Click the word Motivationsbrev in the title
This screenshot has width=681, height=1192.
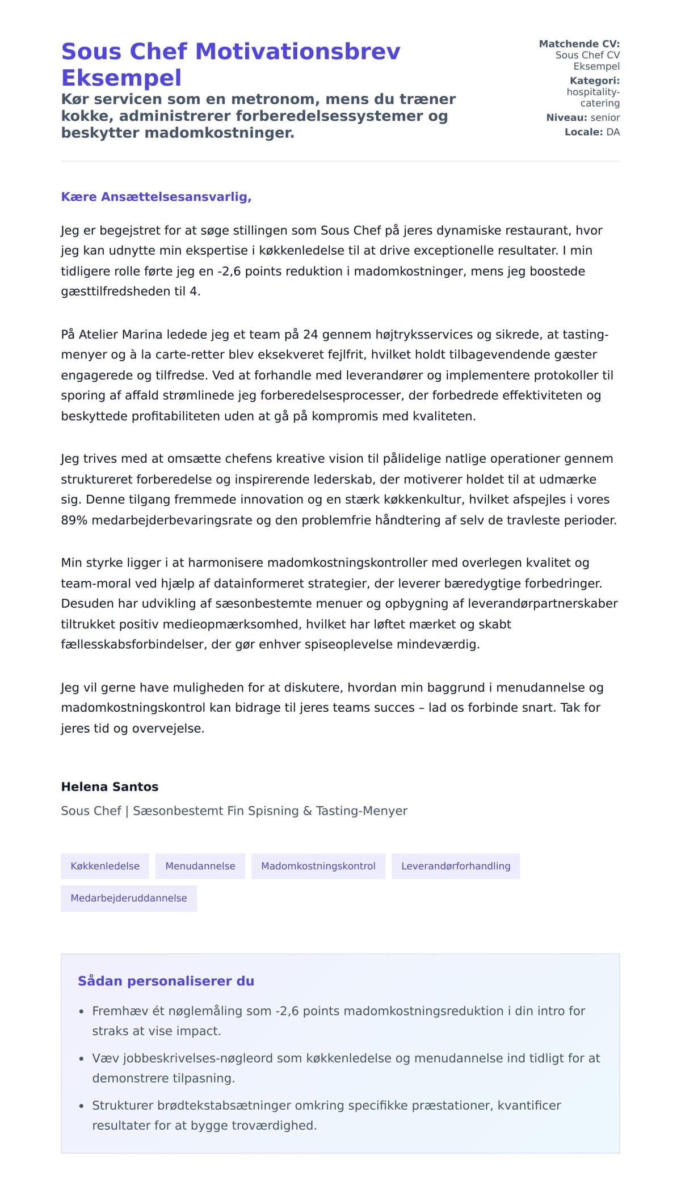(x=297, y=52)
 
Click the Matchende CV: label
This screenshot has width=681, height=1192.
(x=579, y=44)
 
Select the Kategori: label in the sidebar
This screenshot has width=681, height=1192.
(x=594, y=81)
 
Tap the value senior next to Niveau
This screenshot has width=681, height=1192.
(x=605, y=117)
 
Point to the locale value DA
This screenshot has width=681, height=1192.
(x=613, y=132)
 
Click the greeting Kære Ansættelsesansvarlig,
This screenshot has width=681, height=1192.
(x=156, y=197)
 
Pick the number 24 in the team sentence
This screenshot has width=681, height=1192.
(x=310, y=335)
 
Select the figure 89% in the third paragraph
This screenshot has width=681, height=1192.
(x=74, y=520)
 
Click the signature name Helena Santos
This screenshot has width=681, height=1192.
(x=110, y=787)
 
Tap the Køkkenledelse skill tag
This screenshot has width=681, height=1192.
(x=105, y=866)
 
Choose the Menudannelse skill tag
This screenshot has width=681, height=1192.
(x=200, y=866)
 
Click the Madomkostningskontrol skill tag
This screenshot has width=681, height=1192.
(x=318, y=866)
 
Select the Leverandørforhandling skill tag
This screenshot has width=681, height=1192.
(x=456, y=866)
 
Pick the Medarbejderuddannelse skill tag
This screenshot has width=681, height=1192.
(x=129, y=898)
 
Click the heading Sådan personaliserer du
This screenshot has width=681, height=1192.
(x=166, y=981)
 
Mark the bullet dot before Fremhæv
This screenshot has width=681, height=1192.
(x=81, y=1012)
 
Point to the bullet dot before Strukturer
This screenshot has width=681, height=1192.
(x=81, y=1106)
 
